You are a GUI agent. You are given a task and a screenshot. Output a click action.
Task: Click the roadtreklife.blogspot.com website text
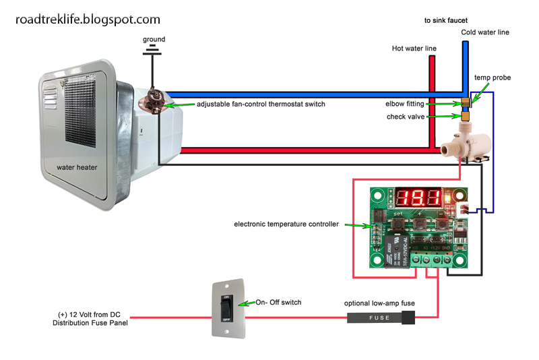click(88, 20)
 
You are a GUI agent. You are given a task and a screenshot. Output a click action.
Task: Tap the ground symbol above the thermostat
click(154, 50)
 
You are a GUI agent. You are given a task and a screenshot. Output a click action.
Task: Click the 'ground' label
click(154, 39)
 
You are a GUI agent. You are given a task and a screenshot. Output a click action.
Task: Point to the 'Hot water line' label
click(414, 49)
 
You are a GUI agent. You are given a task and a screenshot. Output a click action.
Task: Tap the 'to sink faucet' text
click(446, 21)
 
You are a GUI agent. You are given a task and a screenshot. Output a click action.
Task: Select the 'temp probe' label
click(493, 78)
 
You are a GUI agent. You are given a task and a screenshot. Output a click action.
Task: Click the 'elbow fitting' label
click(404, 104)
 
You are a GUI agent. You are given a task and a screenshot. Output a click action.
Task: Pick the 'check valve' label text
click(406, 117)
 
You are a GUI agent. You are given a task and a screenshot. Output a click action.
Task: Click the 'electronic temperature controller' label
click(286, 224)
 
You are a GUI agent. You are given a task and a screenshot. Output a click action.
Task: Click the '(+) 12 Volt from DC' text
click(90, 314)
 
